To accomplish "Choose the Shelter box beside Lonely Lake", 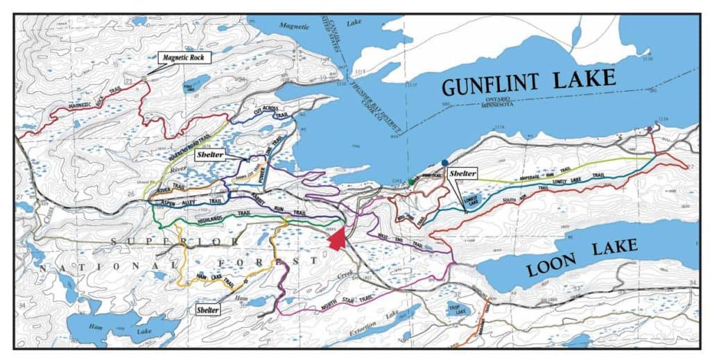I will point(463,173).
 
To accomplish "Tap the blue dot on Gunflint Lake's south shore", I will point(444,162).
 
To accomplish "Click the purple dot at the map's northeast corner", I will point(649,129).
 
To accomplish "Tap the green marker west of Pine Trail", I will point(411,182).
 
